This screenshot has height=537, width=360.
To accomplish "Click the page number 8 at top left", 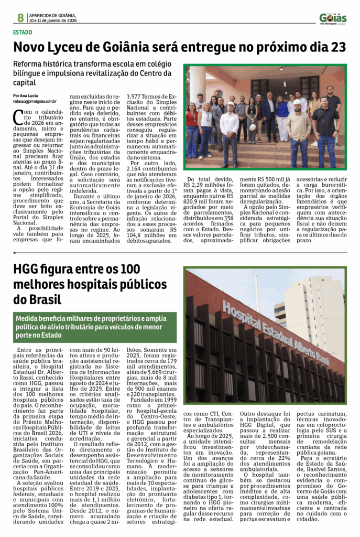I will coord(20,18).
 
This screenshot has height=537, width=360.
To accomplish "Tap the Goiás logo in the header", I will coord(333,18).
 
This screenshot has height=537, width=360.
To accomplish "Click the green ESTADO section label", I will coord(23,32).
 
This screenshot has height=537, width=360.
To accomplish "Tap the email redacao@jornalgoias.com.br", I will coord(35,101).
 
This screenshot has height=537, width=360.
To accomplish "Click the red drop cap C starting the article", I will coord(18,117).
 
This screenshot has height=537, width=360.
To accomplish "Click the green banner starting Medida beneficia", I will coord(95,327).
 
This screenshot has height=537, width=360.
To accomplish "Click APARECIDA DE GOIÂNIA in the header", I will coord(53,15).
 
